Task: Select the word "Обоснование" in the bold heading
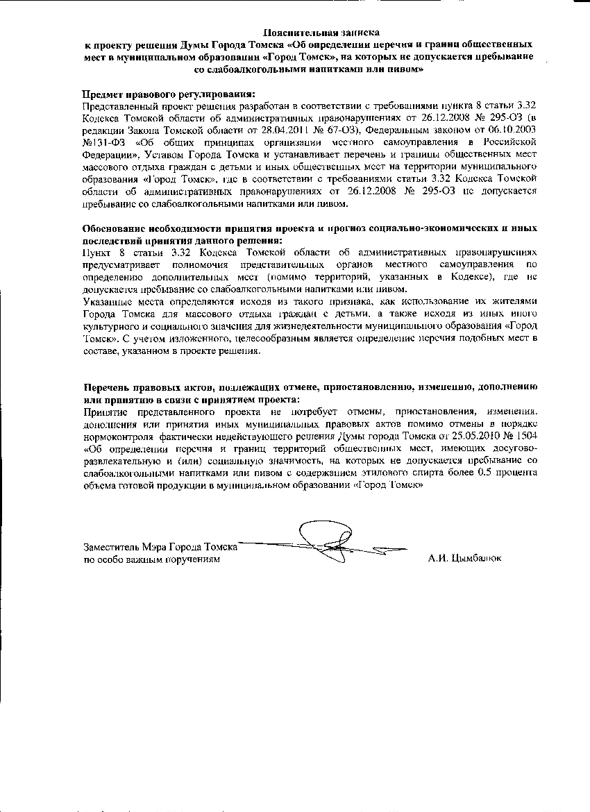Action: (x=115, y=228)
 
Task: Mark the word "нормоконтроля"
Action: (x=118, y=434)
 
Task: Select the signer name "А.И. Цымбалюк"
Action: (x=464, y=559)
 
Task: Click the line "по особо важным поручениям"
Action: (x=146, y=559)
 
